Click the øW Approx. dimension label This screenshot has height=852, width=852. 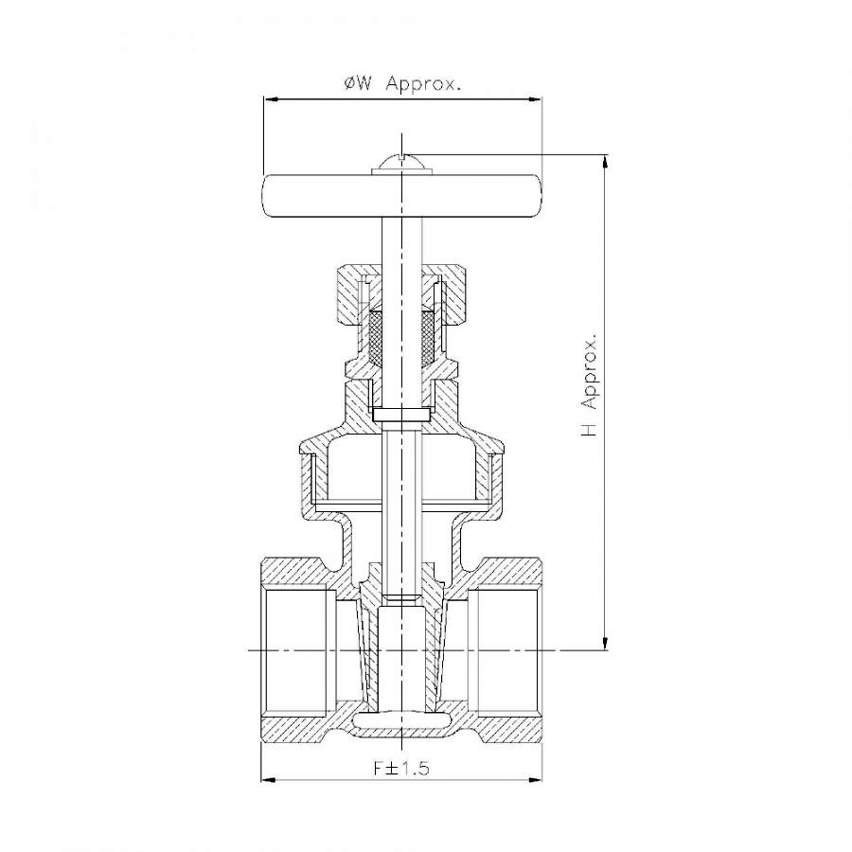(x=402, y=85)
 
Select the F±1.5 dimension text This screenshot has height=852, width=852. (x=401, y=768)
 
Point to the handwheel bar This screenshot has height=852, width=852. (x=402, y=196)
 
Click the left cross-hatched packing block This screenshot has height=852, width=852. (x=375, y=337)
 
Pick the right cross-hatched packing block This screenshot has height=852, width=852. (x=428, y=337)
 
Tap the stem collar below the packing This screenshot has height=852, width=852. (x=401, y=414)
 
